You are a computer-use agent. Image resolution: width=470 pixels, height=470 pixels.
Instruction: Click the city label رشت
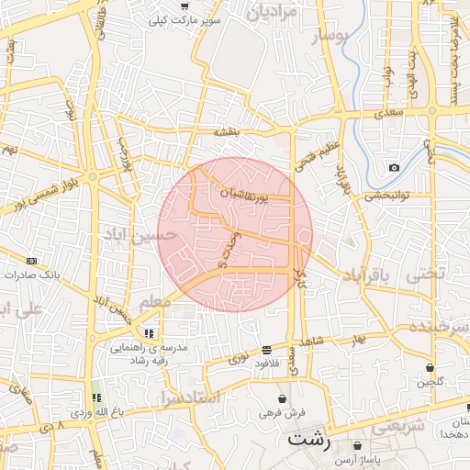[308, 439]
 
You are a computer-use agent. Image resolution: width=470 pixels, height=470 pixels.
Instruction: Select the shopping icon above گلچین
[429, 367]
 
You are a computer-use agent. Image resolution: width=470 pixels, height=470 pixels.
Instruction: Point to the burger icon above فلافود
[266, 350]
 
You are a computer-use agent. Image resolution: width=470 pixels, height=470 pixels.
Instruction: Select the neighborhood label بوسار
[331, 37]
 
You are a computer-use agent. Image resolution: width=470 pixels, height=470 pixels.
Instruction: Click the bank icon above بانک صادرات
[32, 261]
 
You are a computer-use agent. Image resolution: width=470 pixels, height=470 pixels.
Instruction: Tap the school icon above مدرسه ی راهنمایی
[148, 333]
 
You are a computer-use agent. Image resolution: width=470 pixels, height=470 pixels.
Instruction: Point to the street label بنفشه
[227, 132]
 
